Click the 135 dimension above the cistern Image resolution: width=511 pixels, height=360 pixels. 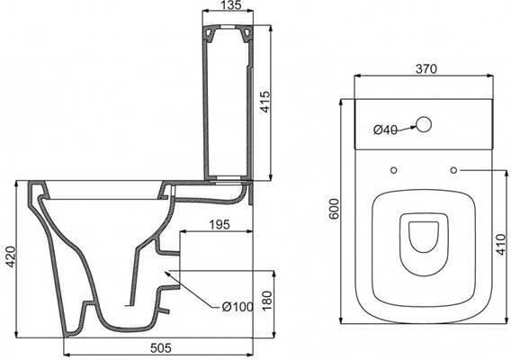pyautogui.click(x=230, y=5)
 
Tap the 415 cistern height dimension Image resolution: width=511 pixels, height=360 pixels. pyautogui.click(x=265, y=102)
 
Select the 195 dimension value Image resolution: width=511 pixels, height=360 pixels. pyautogui.click(x=220, y=224)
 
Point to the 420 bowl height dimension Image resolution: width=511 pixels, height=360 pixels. pyautogui.click(x=12, y=256)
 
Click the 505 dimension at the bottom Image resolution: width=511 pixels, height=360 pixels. pyautogui.click(x=161, y=348)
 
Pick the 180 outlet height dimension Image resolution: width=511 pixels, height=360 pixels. pyautogui.click(x=266, y=300)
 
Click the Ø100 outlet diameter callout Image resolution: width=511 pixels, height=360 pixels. pyautogui.click(x=238, y=307)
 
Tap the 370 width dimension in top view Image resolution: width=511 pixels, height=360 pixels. pyautogui.click(x=426, y=68)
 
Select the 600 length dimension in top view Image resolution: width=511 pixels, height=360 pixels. pyautogui.click(x=334, y=209)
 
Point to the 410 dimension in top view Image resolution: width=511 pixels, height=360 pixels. pyautogui.click(x=502, y=244)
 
